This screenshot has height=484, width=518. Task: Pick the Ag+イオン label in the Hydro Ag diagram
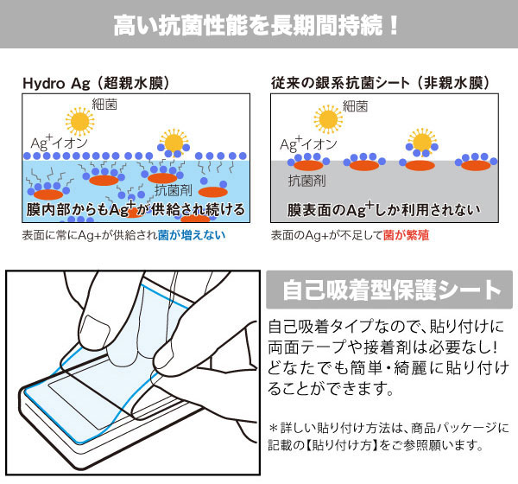[x=54, y=141]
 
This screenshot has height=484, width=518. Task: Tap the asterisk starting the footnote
[x=275, y=428]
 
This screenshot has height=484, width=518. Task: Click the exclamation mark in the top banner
[x=394, y=24]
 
